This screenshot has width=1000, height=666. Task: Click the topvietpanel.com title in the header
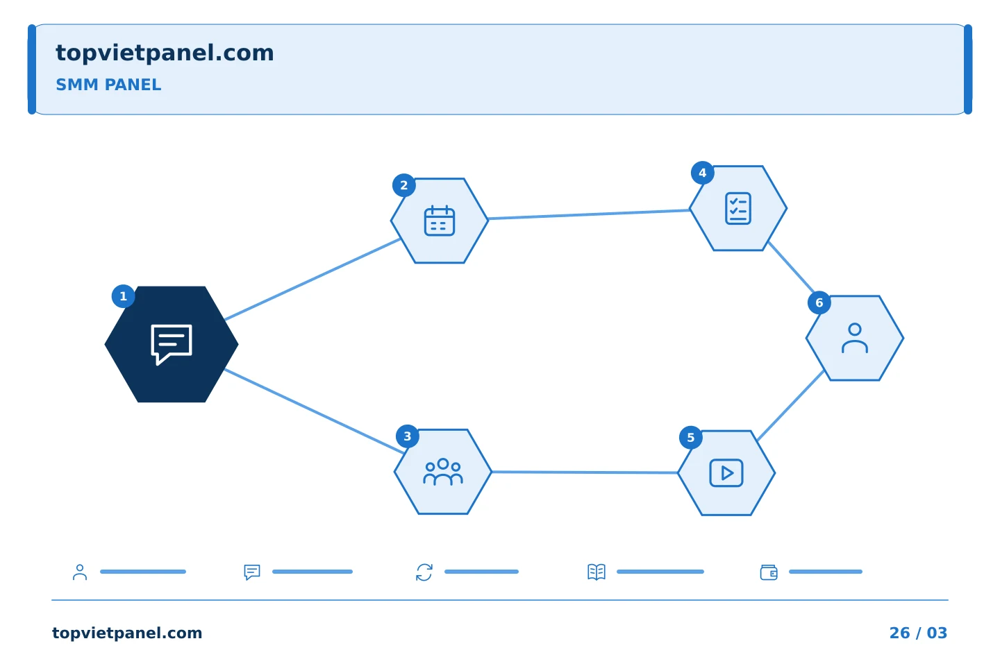(x=165, y=53)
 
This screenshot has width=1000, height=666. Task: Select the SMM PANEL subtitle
(x=108, y=85)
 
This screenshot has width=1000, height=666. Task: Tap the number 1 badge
(x=123, y=296)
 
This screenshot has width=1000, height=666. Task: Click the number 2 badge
(x=404, y=185)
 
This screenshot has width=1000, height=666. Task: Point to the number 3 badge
(x=408, y=436)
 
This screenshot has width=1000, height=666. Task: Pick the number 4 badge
(x=703, y=173)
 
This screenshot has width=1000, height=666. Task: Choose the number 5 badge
(x=691, y=438)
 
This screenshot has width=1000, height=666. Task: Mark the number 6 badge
(x=819, y=302)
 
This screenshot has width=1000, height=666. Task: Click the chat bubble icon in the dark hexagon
(x=172, y=344)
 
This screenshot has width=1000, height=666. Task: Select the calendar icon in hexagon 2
(x=440, y=221)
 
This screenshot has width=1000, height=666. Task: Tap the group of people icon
(x=443, y=472)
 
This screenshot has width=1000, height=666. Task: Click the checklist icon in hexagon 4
(x=738, y=208)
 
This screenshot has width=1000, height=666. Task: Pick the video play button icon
(x=726, y=473)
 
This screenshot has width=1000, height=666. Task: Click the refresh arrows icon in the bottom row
(x=424, y=572)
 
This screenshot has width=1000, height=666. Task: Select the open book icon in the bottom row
(x=597, y=572)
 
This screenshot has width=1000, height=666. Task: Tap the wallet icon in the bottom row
(x=769, y=572)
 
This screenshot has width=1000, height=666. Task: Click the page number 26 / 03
(x=918, y=633)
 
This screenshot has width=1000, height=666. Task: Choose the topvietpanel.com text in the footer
(x=127, y=633)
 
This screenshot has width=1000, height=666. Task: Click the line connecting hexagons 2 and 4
(x=589, y=214)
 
